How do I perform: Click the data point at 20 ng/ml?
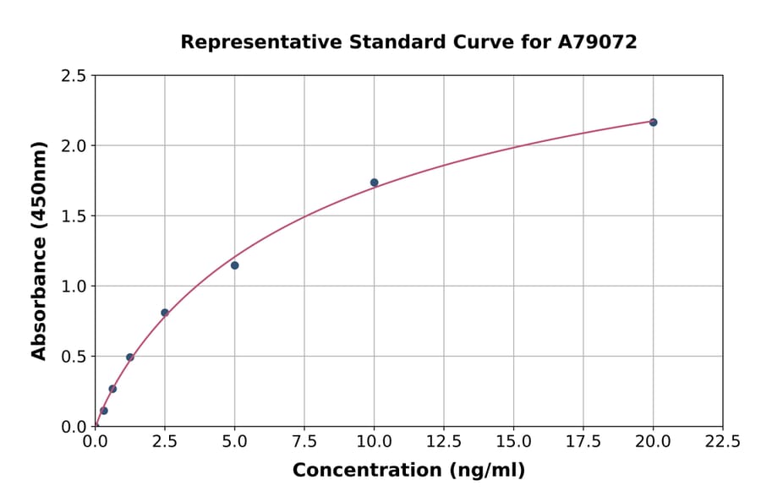click(653, 123)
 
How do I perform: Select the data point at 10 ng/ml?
click(374, 183)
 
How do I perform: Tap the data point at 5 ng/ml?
click(234, 265)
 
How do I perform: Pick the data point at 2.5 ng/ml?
click(165, 313)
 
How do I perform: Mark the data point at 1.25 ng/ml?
click(130, 357)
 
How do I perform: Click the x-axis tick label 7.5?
click(304, 442)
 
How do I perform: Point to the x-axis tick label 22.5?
click(722, 442)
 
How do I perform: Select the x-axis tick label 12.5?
click(443, 442)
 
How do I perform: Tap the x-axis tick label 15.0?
click(513, 442)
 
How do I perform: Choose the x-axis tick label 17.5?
click(583, 442)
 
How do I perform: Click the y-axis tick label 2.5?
click(74, 76)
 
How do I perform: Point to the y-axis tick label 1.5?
click(74, 216)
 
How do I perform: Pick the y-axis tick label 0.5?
click(74, 357)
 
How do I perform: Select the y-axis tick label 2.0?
click(74, 146)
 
